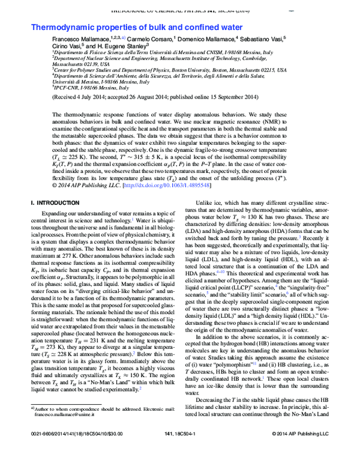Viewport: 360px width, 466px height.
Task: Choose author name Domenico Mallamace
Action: click(206, 38)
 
